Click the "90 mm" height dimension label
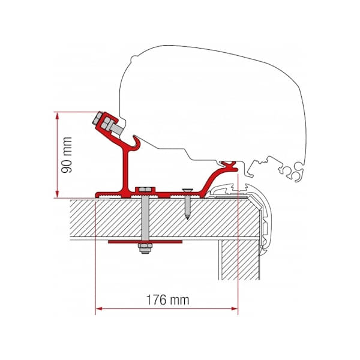[x=67, y=154]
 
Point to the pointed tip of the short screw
[x=187, y=217]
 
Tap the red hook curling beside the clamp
[x=137, y=144]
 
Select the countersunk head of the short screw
[x=187, y=192]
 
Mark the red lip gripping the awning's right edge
[x=228, y=163]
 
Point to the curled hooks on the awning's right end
[x=291, y=173]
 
